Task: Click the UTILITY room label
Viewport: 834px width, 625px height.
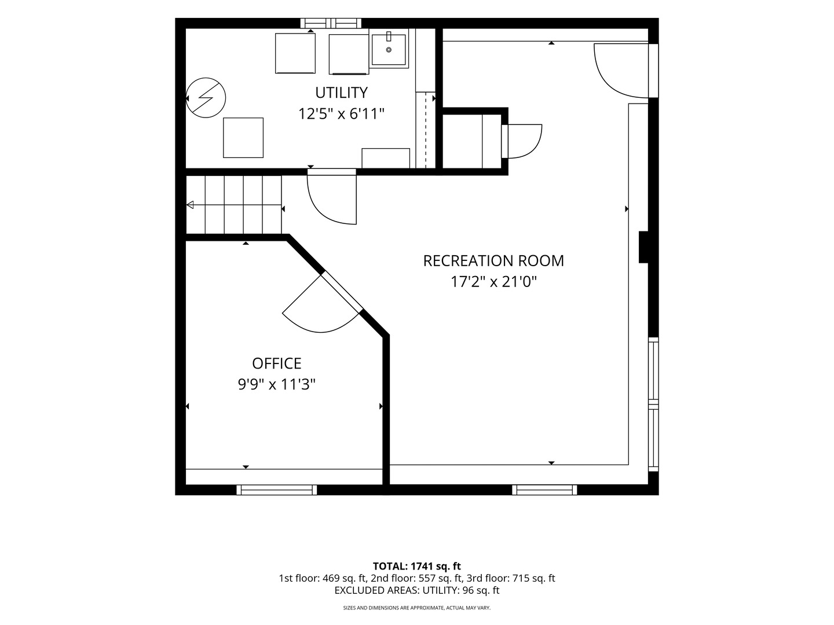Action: pos(341,93)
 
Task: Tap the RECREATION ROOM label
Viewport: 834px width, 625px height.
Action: pos(493,261)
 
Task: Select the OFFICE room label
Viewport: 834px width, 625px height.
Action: pos(277,363)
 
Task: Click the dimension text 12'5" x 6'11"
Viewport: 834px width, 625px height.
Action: pos(341,114)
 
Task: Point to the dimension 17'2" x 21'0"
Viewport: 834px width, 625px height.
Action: pos(493,282)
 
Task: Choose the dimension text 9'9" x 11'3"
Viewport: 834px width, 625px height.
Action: pos(277,385)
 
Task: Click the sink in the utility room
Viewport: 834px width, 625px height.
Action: pos(388,49)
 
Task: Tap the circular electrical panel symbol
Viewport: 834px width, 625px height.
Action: pos(206,98)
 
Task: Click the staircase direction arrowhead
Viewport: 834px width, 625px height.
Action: pos(190,205)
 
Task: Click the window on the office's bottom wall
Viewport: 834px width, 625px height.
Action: pos(277,490)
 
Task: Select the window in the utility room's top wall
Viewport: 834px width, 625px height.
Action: pos(331,24)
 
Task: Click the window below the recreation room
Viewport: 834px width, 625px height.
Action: pos(544,490)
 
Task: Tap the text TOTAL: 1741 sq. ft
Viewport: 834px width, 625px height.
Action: pos(417,566)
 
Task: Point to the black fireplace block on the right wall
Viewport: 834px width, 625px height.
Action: pos(643,247)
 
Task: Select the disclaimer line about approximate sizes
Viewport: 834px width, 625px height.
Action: pos(417,608)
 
